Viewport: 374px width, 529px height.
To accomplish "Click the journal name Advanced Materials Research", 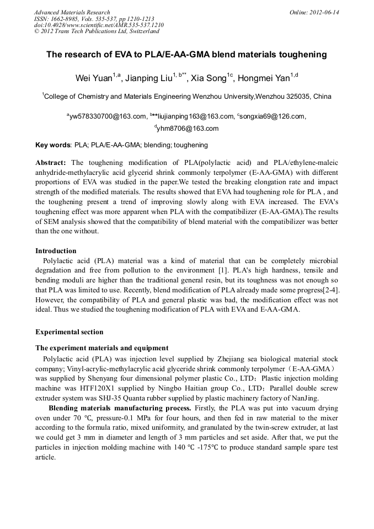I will tap(72, 12).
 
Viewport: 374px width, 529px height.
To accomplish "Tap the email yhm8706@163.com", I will tap(188, 129).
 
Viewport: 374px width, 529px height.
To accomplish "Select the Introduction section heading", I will tap(56, 251).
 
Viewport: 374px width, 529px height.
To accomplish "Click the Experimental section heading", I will tap(69, 332).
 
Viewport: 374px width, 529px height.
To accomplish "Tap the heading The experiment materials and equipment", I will tap(101, 348).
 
